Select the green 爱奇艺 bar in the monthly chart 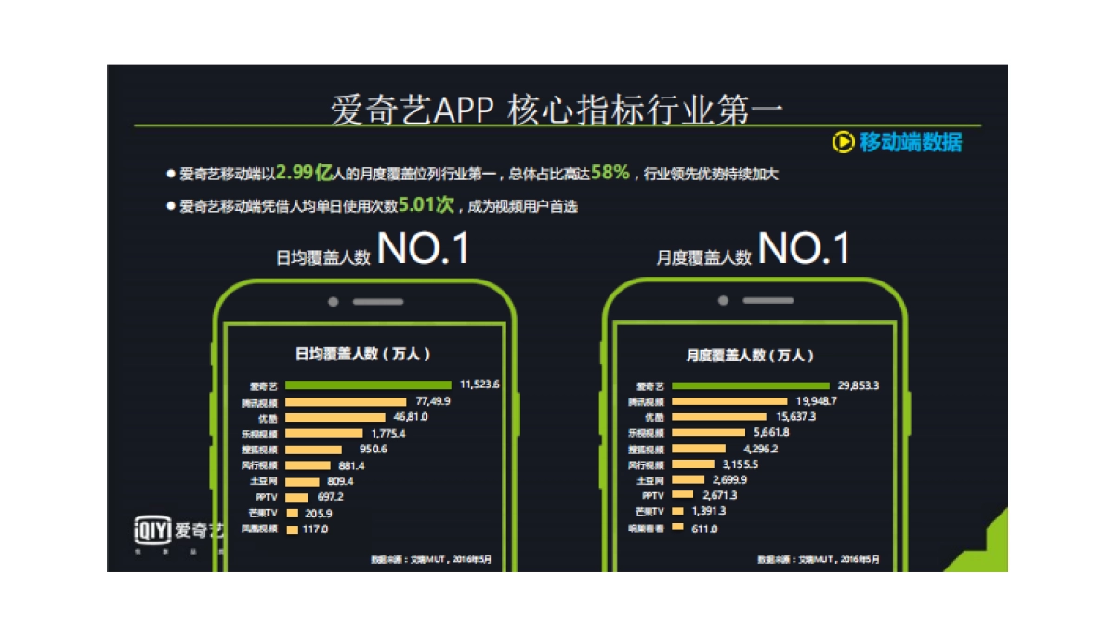750,385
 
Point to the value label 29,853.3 858,385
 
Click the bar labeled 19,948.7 728,401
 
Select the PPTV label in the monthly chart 653,496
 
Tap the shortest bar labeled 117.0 292,529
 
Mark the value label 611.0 702,529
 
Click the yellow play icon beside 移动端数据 842,142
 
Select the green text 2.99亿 305,173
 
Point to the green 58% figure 610,173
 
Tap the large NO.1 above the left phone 423,251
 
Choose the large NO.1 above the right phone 804,249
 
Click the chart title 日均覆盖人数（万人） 363,354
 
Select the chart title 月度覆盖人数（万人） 750,355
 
